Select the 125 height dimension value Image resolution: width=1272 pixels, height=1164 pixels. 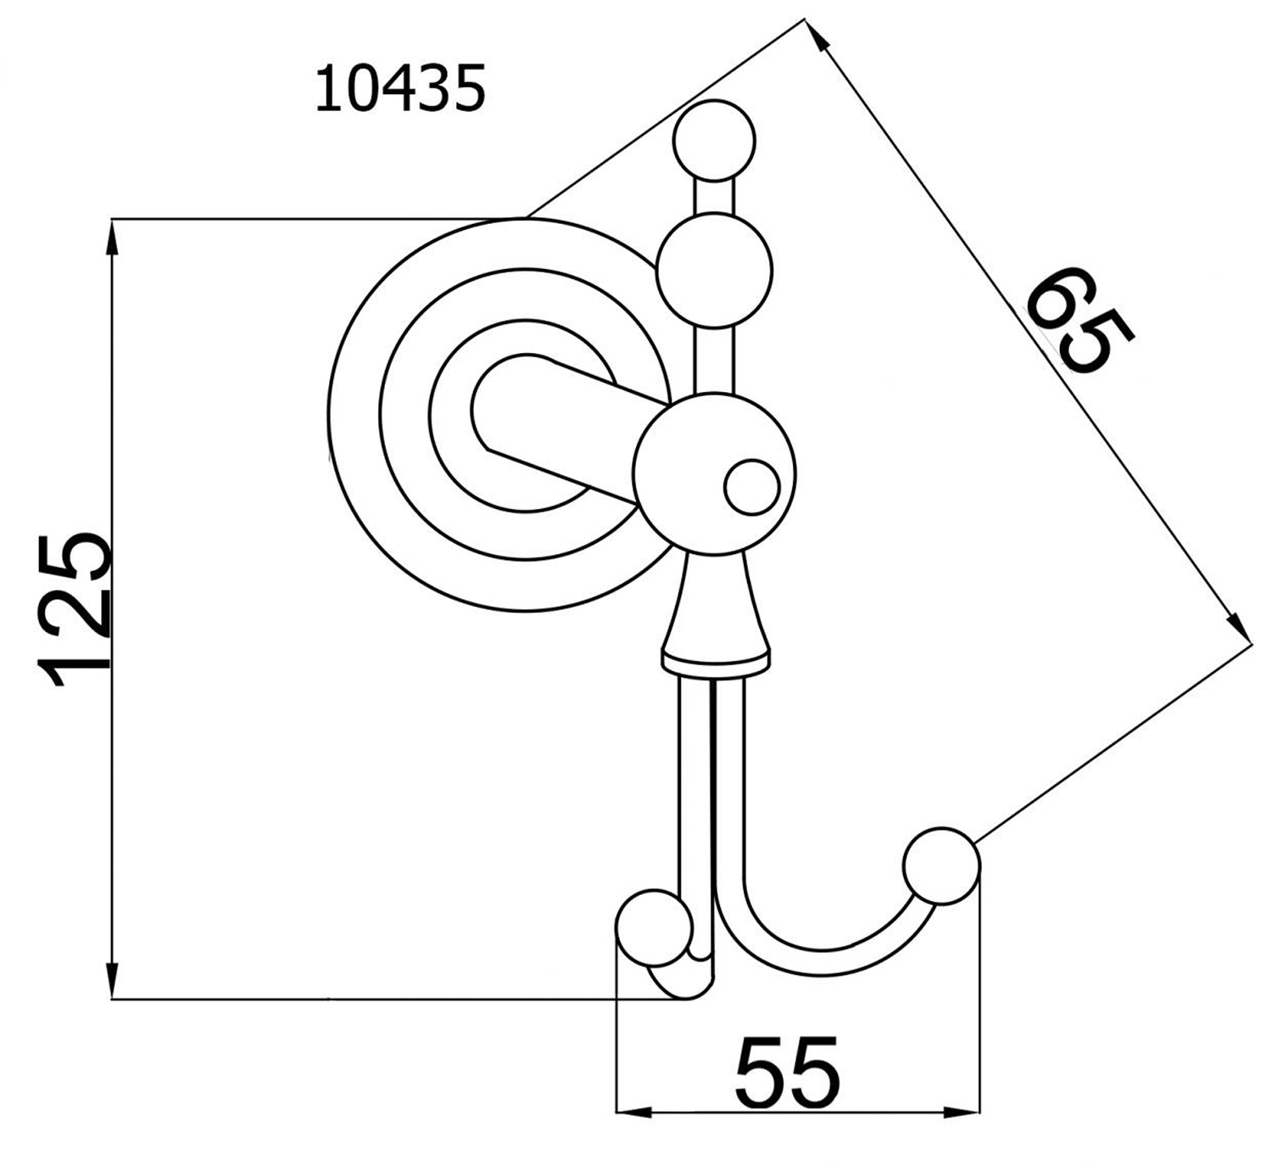75,611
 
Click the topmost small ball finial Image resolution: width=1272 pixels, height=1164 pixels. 714,141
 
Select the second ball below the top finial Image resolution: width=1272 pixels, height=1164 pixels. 714,271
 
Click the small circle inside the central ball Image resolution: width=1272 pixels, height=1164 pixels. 752,488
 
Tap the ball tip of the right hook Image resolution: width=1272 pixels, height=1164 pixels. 941,865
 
